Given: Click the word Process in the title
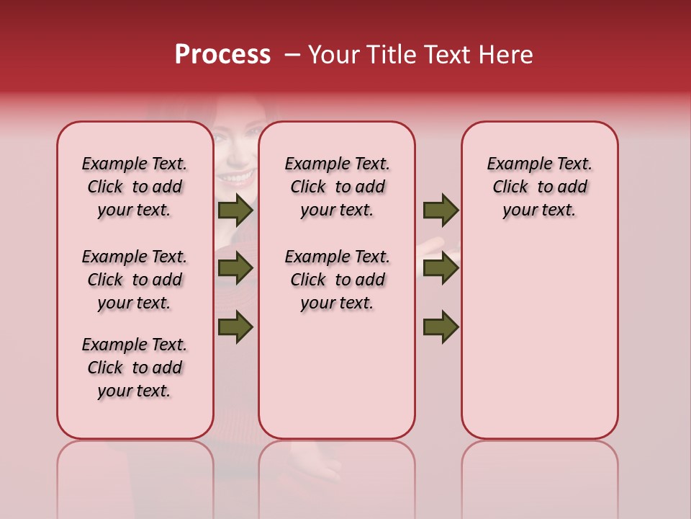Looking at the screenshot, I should [222, 55].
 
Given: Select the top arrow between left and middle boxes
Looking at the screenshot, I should [235, 210].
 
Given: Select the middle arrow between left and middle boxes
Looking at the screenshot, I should [235, 268].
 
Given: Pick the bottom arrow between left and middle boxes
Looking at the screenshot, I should [235, 327].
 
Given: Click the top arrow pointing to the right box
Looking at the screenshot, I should [441, 210].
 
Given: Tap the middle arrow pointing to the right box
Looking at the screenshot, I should [441, 268].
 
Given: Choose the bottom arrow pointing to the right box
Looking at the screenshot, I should [441, 327].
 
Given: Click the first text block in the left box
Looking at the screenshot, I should [135, 187].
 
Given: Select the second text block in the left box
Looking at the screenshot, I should [135, 280].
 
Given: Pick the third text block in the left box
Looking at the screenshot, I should [135, 368].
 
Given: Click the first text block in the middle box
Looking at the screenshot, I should [337, 187].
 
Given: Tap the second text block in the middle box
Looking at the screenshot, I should [337, 280].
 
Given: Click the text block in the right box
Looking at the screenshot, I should [539, 187].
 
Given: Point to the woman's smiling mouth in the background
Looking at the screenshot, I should [238, 176].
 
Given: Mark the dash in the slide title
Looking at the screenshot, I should [292, 55].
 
